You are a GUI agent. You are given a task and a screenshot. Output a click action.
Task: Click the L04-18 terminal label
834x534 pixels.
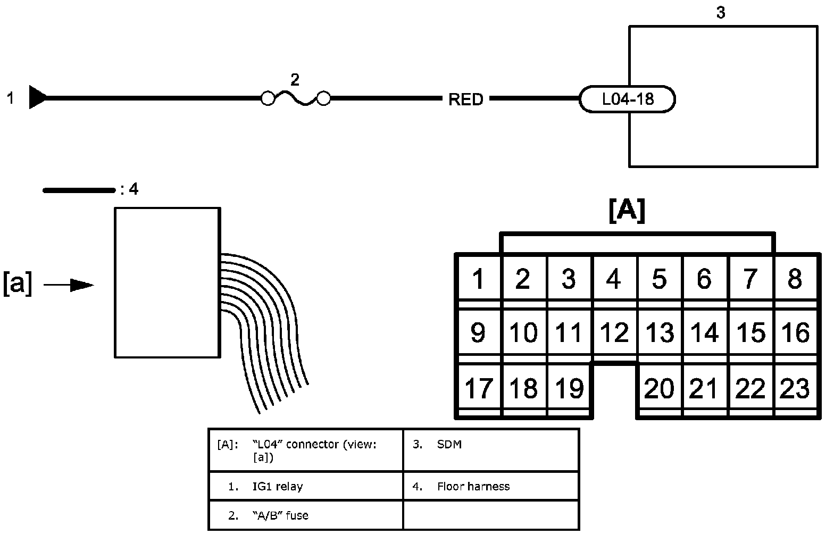628,99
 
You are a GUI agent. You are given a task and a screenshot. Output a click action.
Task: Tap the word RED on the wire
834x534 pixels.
466,99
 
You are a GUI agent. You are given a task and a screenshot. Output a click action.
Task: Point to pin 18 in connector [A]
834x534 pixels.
523,388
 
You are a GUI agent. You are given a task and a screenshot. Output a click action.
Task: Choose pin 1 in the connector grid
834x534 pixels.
478,279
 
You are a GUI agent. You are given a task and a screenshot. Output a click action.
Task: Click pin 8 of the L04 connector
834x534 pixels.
795,279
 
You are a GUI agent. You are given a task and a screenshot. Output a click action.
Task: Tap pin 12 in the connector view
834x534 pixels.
614,332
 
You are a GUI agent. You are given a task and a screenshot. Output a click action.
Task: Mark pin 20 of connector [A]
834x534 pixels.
659,388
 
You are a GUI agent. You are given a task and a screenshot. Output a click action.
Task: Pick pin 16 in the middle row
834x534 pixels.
795,332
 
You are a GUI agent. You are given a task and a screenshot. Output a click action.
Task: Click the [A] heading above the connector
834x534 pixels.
627,211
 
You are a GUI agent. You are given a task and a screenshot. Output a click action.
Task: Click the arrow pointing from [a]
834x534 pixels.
69,285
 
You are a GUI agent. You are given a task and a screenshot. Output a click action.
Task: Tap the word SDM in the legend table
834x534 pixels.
449,444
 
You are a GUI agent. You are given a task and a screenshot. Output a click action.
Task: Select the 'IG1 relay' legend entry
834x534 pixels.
278,486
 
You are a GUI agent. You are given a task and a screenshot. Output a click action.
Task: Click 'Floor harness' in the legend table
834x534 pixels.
473,486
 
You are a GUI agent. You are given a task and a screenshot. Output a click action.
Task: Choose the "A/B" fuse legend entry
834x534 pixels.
280,515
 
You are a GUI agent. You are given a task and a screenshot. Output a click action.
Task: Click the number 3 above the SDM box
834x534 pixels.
721,13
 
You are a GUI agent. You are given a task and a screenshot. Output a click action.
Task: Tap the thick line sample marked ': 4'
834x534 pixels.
79,190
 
